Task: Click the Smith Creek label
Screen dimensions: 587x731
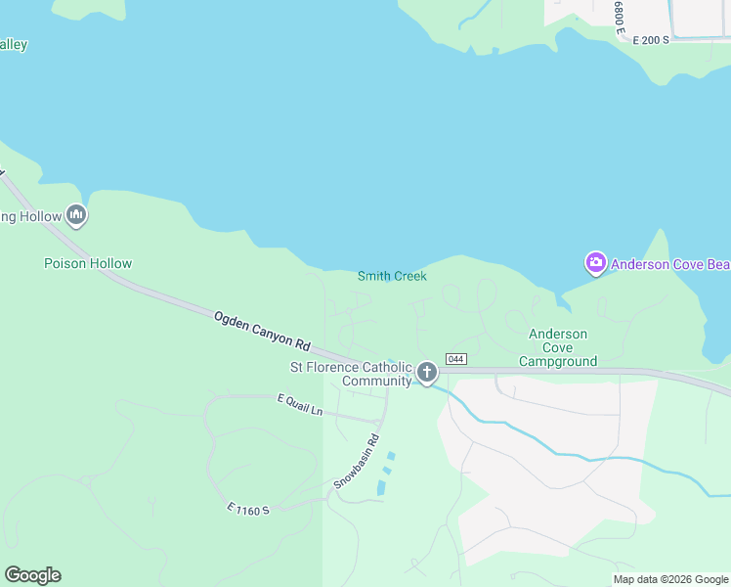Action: (x=392, y=276)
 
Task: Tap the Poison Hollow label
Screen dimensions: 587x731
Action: (x=88, y=263)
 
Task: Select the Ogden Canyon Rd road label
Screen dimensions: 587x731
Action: (x=262, y=332)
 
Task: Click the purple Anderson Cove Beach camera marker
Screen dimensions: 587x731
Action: (x=595, y=263)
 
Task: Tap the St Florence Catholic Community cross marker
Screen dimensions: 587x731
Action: (x=426, y=372)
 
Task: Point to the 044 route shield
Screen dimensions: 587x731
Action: (x=455, y=359)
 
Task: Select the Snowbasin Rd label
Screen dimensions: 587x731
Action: (x=357, y=461)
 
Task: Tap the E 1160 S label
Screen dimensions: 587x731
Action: (x=247, y=509)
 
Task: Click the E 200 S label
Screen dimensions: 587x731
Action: (x=650, y=40)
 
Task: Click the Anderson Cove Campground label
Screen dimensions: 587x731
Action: (x=558, y=347)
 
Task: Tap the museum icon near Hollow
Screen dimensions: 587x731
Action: (x=76, y=215)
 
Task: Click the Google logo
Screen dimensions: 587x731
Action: (x=32, y=575)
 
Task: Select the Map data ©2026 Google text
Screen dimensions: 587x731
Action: (x=670, y=579)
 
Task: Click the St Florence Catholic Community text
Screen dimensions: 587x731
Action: (x=350, y=374)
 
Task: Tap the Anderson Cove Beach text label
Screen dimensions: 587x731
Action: (x=670, y=264)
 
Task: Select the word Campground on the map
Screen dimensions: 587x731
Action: (x=558, y=361)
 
